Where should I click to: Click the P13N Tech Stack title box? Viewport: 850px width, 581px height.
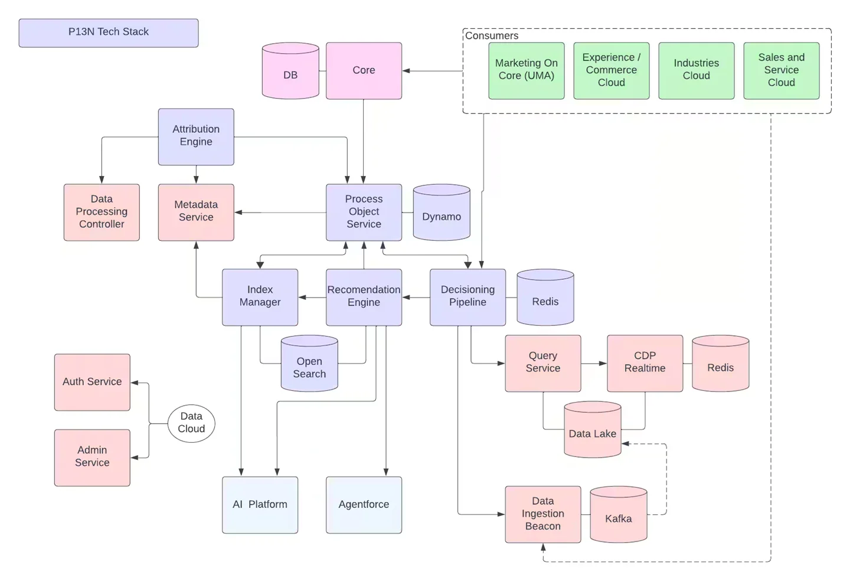[x=108, y=32]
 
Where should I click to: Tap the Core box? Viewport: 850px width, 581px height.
[x=364, y=70]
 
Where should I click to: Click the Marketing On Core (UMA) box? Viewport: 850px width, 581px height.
[x=526, y=70]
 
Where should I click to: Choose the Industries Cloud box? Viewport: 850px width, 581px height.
[x=696, y=70]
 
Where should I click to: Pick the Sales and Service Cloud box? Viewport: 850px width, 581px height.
[x=781, y=70]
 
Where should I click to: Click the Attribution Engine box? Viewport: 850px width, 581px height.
[x=196, y=136]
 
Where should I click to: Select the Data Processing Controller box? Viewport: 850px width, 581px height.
[x=102, y=212]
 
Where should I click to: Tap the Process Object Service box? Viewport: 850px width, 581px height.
[x=364, y=212]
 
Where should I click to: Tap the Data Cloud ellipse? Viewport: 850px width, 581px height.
[x=191, y=423]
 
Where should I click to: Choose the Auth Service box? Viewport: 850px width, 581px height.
[x=92, y=382]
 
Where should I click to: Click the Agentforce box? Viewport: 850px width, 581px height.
[x=364, y=505]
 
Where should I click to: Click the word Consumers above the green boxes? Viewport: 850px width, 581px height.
[x=492, y=35]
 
